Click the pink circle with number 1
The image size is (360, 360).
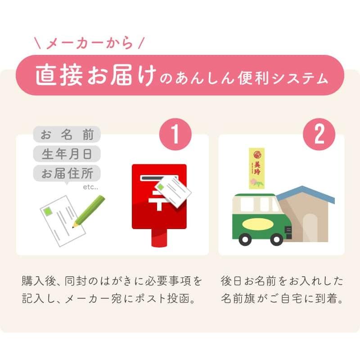(x=175, y=134)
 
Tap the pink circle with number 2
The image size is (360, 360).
(x=319, y=134)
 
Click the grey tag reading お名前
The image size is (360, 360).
(x=67, y=134)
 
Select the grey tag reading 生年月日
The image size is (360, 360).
(x=67, y=154)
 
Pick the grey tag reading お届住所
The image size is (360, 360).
(x=67, y=173)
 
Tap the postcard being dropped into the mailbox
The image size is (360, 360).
(x=173, y=191)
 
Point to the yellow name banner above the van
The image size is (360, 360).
(x=256, y=168)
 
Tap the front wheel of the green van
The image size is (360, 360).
(x=277, y=239)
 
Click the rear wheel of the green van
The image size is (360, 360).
(x=245, y=239)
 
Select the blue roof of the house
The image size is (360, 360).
(x=306, y=193)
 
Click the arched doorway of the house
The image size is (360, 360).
(x=310, y=228)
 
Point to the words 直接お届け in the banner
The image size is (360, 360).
(x=96, y=75)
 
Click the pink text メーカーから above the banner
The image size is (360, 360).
(x=90, y=43)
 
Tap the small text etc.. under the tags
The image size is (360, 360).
(x=90, y=187)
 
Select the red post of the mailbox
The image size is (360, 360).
(x=159, y=238)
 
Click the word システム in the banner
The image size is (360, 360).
(x=300, y=78)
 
